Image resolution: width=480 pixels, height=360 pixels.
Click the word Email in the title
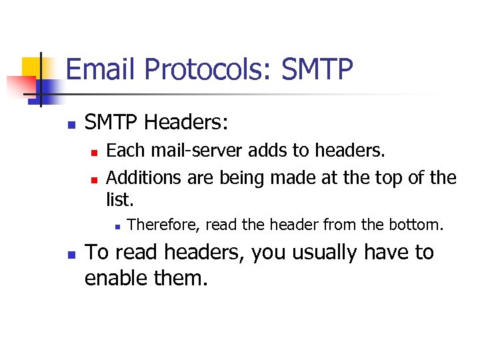click(x=101, y=70)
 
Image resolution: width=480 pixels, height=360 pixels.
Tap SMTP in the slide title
click(x=317, y=70)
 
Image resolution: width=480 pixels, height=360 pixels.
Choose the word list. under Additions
click(x=120, y=199)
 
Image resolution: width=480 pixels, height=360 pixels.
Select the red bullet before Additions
click(x=94, y=179)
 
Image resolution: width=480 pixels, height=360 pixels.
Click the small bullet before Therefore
click(x=116, y=226)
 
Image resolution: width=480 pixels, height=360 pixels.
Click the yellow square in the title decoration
click(x=31, y=67)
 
